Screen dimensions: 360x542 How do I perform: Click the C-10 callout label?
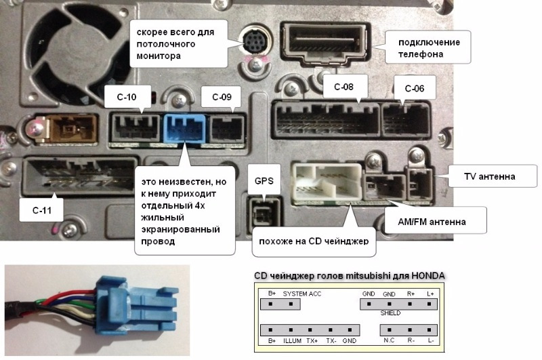click(x=128, y=97)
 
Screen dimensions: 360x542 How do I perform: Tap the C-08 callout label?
click(x=339, y=85)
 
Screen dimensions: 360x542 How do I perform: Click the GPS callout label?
click(x=263, y=182)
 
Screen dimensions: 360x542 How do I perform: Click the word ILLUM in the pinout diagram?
click(x=293, y=340)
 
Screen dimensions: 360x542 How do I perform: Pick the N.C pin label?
click(x=389, y=340)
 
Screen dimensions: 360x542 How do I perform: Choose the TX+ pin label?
click(x=312, y=340)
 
